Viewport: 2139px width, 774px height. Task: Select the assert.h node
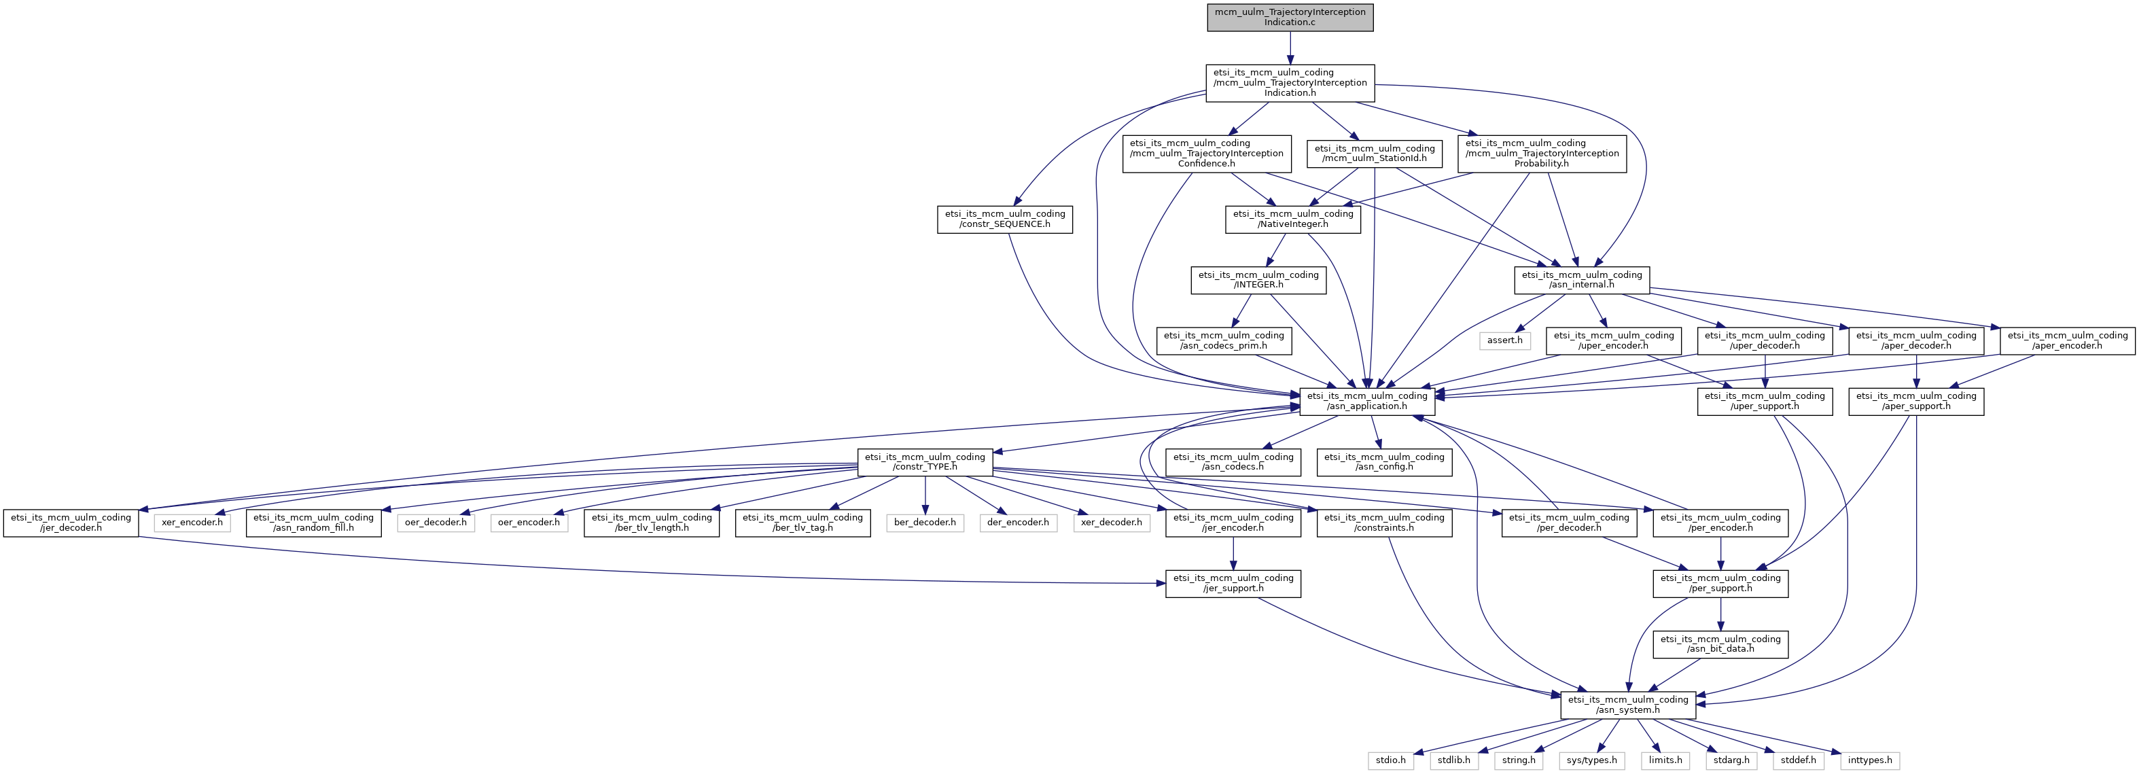tap(1504, 340)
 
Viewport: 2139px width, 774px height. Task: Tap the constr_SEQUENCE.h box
tap(1005, 219)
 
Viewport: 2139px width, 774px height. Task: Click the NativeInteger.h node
tap(1293, 219)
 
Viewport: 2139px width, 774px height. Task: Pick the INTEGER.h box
tap(1258, 280)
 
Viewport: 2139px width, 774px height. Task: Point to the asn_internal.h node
tap(1581, 280)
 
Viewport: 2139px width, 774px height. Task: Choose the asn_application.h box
tap(1366, 401)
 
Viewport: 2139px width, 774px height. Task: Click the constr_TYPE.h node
tap(924, 461)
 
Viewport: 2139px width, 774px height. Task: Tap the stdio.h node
tap(1391, 760)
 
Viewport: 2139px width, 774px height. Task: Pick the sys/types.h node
tap(1592, 760)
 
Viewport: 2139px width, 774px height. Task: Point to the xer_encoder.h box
tap(192, 523)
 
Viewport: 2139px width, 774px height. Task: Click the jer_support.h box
tap(1233, 583)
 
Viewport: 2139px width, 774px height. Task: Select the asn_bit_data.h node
tap(1720, 644)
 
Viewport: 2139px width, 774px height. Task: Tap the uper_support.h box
tap(1765, 401)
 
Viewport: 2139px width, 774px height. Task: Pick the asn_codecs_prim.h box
tap(1223, 340)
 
